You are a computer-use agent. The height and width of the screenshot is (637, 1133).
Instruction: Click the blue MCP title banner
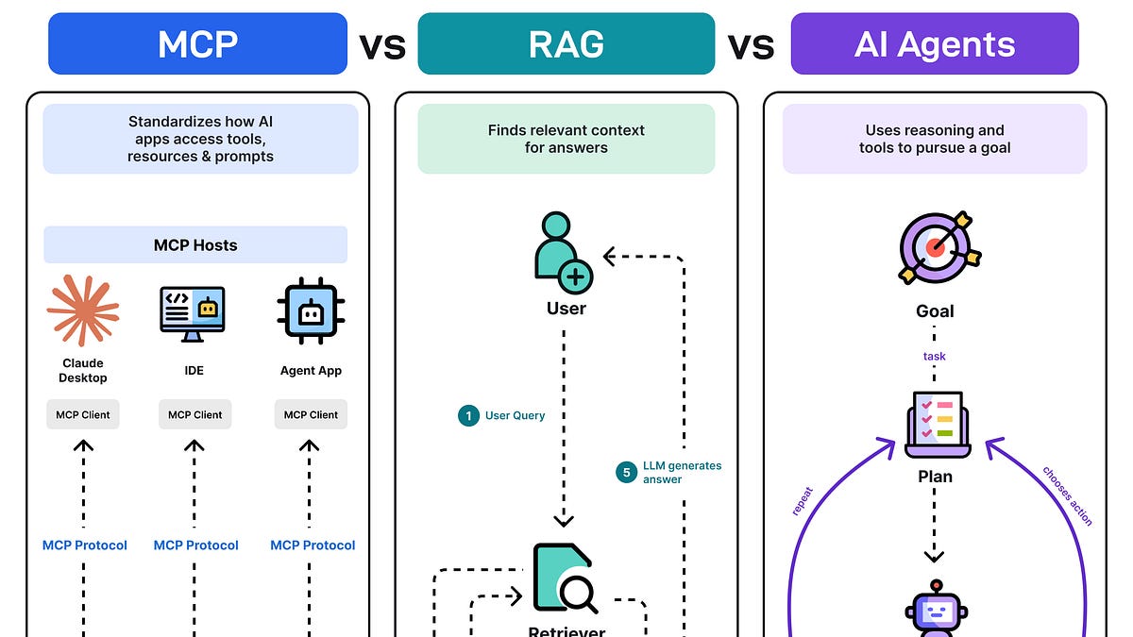[x=197, y=43]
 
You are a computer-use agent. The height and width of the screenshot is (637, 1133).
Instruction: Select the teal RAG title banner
[x=566, y=43]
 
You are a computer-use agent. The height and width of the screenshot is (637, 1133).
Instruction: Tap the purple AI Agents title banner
[x=935, y=43]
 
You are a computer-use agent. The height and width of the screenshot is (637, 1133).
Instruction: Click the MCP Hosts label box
[x=195, y=244]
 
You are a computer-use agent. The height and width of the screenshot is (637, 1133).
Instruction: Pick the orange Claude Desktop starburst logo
[x=83, y=310]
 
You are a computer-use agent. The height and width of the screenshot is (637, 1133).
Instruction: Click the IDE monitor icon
[x=193, y=314]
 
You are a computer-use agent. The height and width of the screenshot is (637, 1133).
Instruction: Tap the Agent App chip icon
[x=311, y=310]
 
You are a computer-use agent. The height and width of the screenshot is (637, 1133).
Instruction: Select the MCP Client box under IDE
[x=194, y=414]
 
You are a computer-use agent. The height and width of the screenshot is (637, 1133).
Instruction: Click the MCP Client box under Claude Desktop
[x=83, y=414]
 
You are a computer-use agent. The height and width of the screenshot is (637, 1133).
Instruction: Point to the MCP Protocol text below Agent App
[x=313, y=545]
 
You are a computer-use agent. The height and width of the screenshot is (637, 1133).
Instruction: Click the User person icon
[x=564, y=253]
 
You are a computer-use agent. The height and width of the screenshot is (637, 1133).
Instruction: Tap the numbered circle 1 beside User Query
[x=468, y=415]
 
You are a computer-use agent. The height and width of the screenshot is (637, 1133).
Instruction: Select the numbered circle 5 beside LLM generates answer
[x=626, y=472]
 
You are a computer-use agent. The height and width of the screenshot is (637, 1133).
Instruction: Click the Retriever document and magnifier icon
[x=565, y=578]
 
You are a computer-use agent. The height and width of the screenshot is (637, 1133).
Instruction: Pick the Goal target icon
[x=939, y=247]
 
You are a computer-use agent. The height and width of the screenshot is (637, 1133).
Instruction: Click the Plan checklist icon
[x=938, y=425]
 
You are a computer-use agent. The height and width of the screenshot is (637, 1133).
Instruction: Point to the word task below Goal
[x=934, y=357]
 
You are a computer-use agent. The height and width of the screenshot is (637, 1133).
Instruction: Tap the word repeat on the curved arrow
[x=803, y=501]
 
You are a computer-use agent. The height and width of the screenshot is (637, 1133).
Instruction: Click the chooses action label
[x=1067, y=496]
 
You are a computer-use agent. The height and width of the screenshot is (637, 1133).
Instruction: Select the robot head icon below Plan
[x=937, y=608]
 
